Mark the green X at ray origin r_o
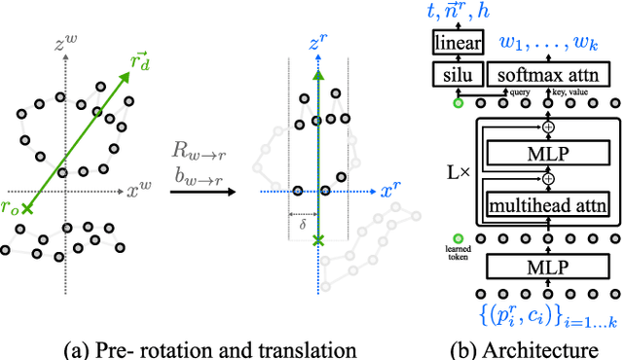pyautogui.click(x=27, y=208)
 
